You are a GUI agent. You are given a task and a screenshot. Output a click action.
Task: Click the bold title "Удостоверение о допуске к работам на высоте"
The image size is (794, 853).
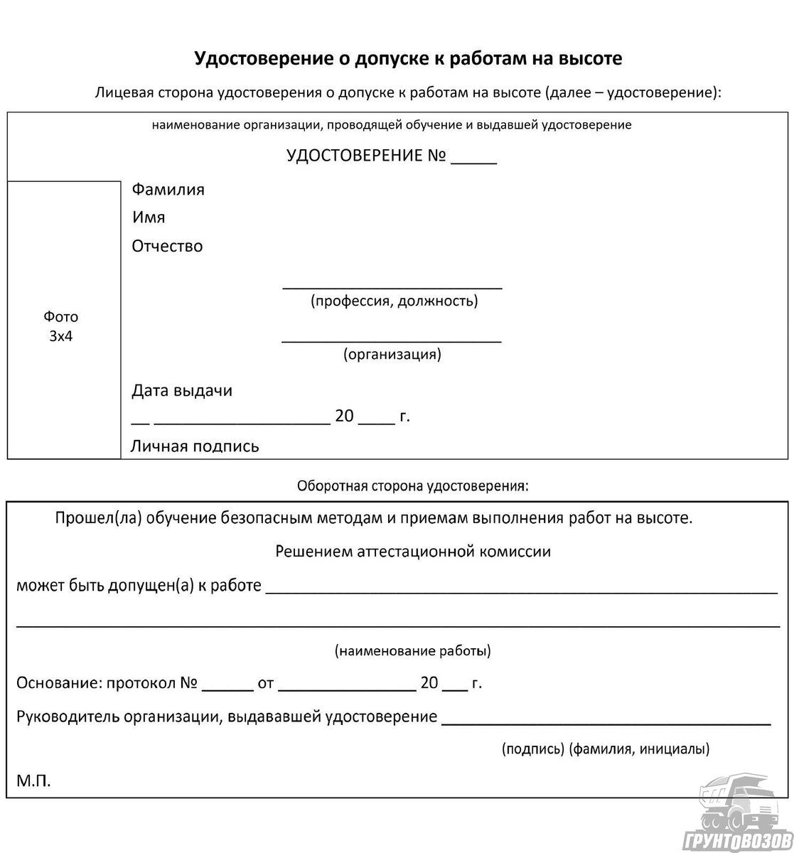408,58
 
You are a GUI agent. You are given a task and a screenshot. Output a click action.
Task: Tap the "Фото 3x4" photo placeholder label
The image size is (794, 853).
61,326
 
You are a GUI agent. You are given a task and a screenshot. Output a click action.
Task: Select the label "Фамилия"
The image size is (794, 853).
168,190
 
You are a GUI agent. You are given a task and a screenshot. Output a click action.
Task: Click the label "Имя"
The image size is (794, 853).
149,218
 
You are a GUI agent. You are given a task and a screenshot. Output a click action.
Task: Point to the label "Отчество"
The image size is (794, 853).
167,247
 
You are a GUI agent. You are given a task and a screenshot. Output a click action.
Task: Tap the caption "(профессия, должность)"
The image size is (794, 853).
394,301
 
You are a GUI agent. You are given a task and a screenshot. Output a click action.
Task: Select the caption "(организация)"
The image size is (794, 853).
392,354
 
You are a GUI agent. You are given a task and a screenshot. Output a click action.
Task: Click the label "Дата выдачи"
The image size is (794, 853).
182,391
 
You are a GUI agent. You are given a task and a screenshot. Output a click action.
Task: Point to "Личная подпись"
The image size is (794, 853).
195,446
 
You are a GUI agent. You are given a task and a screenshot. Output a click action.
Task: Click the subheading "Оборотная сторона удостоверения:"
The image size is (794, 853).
413,486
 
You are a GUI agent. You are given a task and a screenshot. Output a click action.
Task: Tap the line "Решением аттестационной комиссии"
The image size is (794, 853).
413,551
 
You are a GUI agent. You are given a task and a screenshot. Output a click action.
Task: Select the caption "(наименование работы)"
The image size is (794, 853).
412,650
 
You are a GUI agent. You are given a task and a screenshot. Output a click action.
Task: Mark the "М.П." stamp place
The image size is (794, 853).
34,781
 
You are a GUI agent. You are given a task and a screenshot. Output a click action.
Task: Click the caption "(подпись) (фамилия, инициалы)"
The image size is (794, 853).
605,749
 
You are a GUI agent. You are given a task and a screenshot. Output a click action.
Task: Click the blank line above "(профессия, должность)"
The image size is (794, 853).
392,286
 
